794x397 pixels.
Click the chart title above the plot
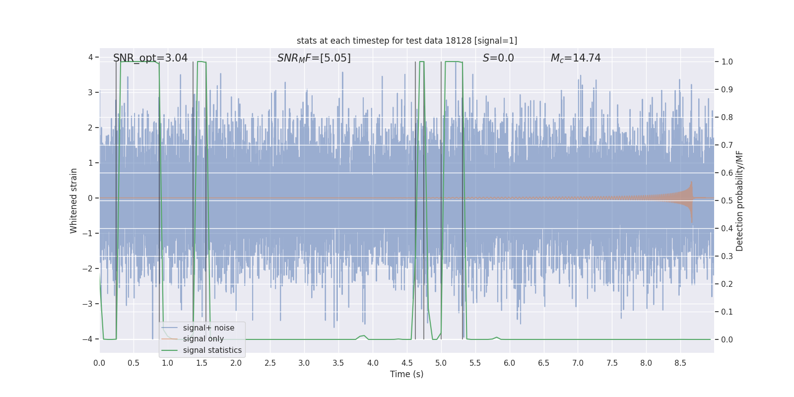(x=406, y=41)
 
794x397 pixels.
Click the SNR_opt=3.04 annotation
(x=150, y=58)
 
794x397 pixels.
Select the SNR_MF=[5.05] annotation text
(x=314, y=58)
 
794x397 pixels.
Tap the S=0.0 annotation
(x=498, y=58)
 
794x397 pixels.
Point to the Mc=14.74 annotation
(x=576, y=58)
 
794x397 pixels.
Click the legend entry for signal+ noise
(x=208, y=328)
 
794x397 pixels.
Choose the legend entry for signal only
(x=203, y=339)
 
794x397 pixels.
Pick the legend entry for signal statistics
(x=212, y=350)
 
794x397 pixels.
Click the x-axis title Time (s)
(x=406, y=374)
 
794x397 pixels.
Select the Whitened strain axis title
(x=74, y=200)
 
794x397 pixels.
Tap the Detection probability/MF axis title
(x=739, y=200)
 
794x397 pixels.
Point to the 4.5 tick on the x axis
(x=407, y=363)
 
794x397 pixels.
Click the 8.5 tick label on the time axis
(x=680, y=363)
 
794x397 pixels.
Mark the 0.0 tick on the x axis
(x=99, y=363)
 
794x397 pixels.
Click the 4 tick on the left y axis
(x=90, y=58)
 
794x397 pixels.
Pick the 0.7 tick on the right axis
(x=727, y=145)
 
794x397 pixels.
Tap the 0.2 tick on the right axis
(x=727, y=284)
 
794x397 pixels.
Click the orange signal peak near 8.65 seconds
(x=691, y=185)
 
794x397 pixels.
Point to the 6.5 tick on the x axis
(x=543, y=363)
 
